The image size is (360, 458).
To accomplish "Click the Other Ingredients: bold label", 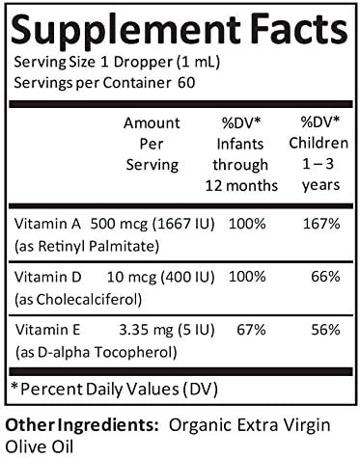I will tap(81, 422).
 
